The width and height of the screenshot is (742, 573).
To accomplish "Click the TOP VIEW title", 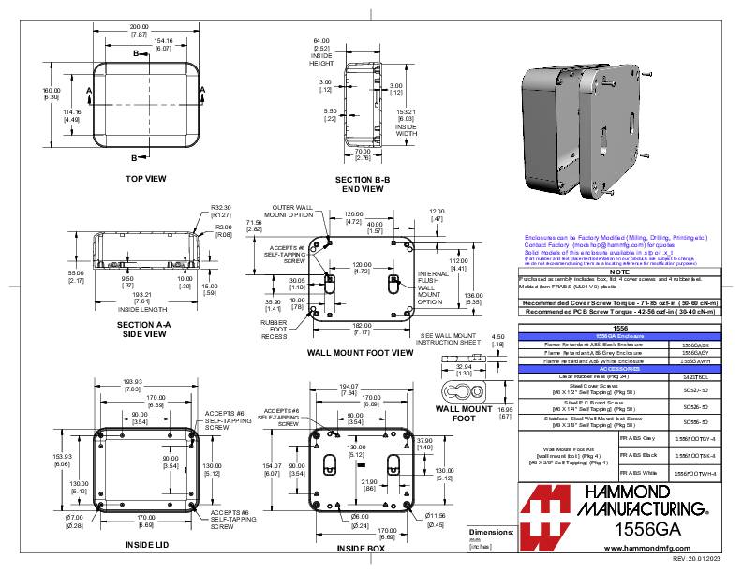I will (x=146, y=177).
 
